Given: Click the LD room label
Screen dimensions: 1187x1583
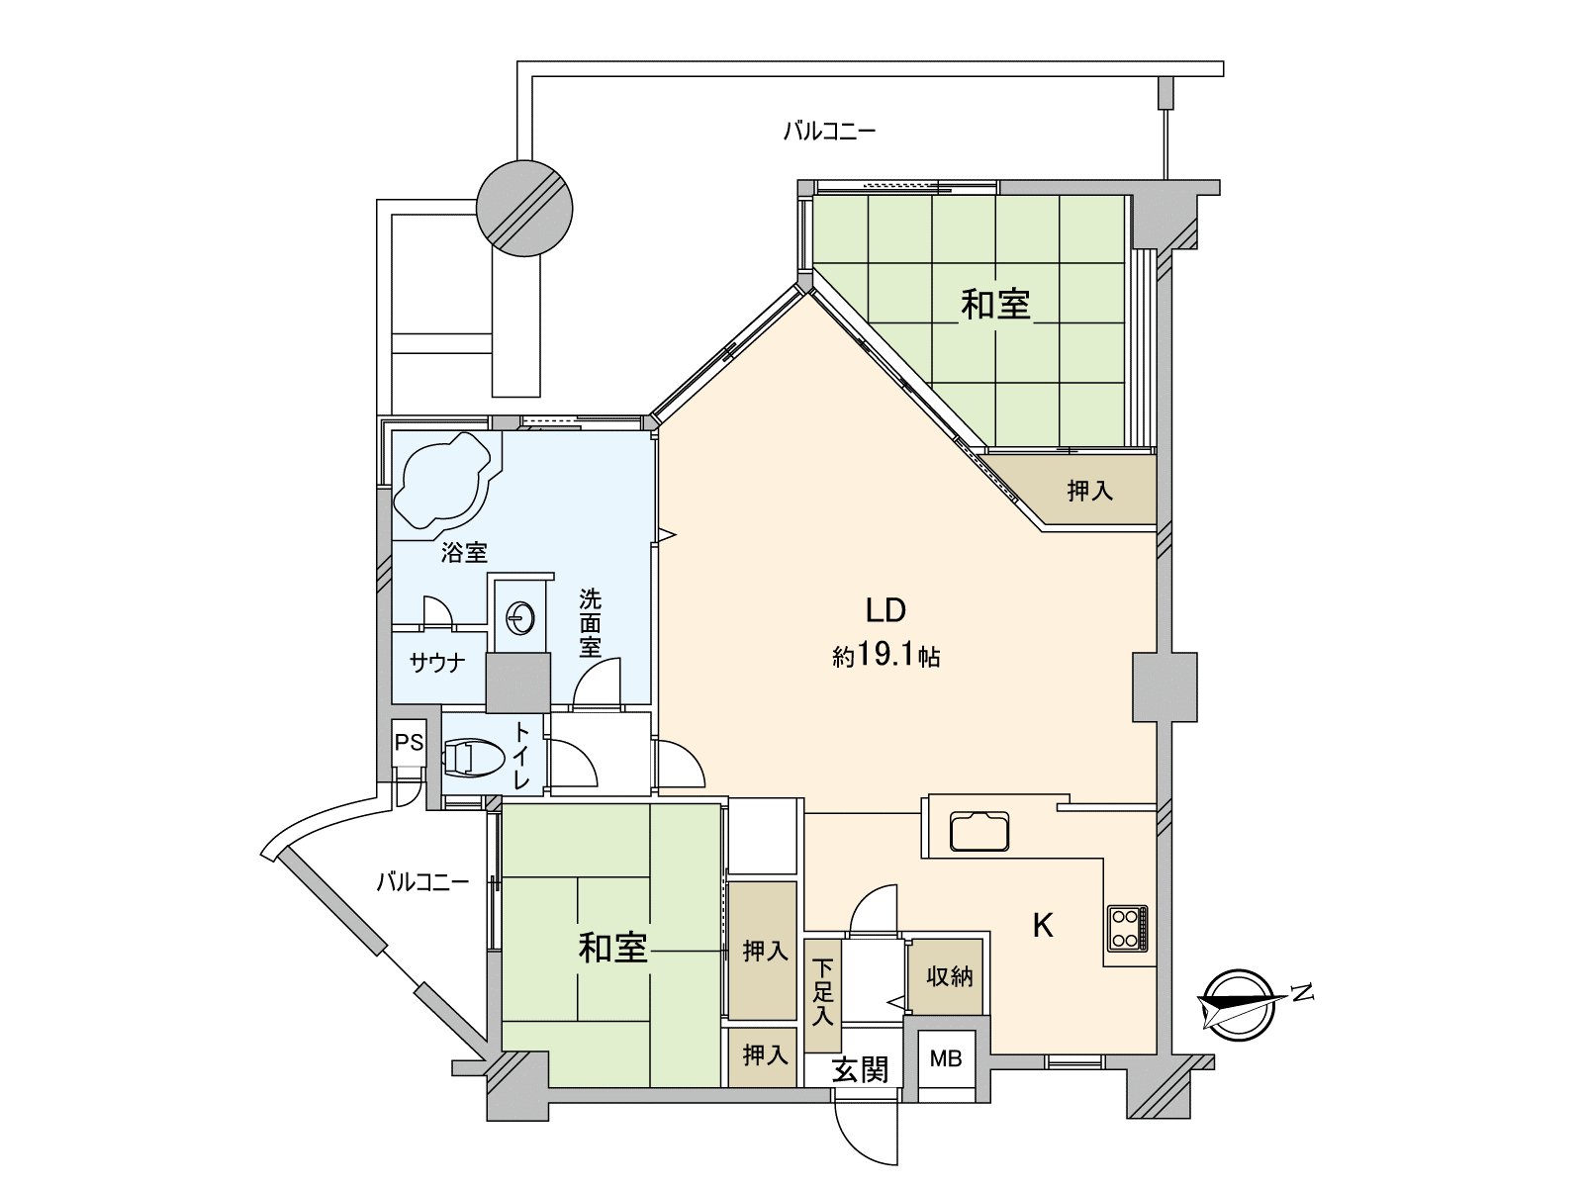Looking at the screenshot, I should (x=885, y=610).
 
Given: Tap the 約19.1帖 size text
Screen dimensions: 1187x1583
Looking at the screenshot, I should (x=885, y=657).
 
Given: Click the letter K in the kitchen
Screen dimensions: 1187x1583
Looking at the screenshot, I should (x=1042, y=926).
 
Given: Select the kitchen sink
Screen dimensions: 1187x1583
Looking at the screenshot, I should (x=980, y=831).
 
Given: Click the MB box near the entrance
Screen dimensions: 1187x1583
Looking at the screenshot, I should (x=946, y=1059).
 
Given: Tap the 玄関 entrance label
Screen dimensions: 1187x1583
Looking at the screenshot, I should (x=860, y=1068).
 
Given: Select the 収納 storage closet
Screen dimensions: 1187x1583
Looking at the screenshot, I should (x=949, y=976).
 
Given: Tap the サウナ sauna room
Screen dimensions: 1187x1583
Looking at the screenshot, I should (x=437, y=664).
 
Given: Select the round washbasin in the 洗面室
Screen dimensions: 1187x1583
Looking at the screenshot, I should (x=519, y=619).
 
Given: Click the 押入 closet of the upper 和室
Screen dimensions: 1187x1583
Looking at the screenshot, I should (x=1089, y=490).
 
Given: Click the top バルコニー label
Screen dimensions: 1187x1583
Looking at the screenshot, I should (x=829, y=131).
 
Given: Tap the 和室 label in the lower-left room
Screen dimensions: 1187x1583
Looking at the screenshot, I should (x=612, y=948).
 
